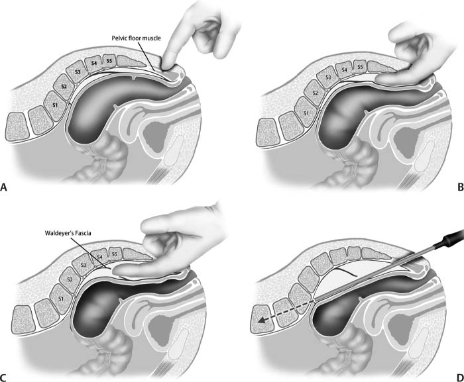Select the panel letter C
point(5,378)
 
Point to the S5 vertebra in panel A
point(110,61)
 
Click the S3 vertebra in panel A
point(78,72)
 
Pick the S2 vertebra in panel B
point(316,92)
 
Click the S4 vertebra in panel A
point(95,64)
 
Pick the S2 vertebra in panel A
point(64,86)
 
